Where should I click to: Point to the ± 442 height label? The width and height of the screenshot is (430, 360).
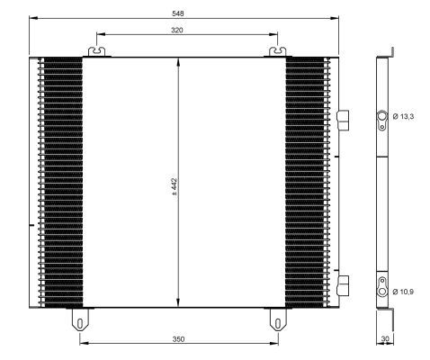[x=175, y=184]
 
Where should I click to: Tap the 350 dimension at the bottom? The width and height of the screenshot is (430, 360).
[x=179, y=339]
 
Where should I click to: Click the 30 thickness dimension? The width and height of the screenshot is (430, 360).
[x=385, y=339]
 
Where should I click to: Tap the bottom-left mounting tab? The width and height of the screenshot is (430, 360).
[x=80, y=319]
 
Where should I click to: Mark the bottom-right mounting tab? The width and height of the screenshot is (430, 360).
[x=277, y=319]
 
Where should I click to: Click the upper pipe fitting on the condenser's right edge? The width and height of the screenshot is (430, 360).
[x=342, y=119]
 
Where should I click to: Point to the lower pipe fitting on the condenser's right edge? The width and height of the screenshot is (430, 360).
[x=342, y=284]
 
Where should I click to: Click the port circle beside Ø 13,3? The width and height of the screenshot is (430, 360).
[x=382, y=116]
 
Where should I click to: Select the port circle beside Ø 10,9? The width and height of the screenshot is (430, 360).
[x=382, y=292]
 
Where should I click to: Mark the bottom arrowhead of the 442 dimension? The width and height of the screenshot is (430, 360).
[x=179, y=304]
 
